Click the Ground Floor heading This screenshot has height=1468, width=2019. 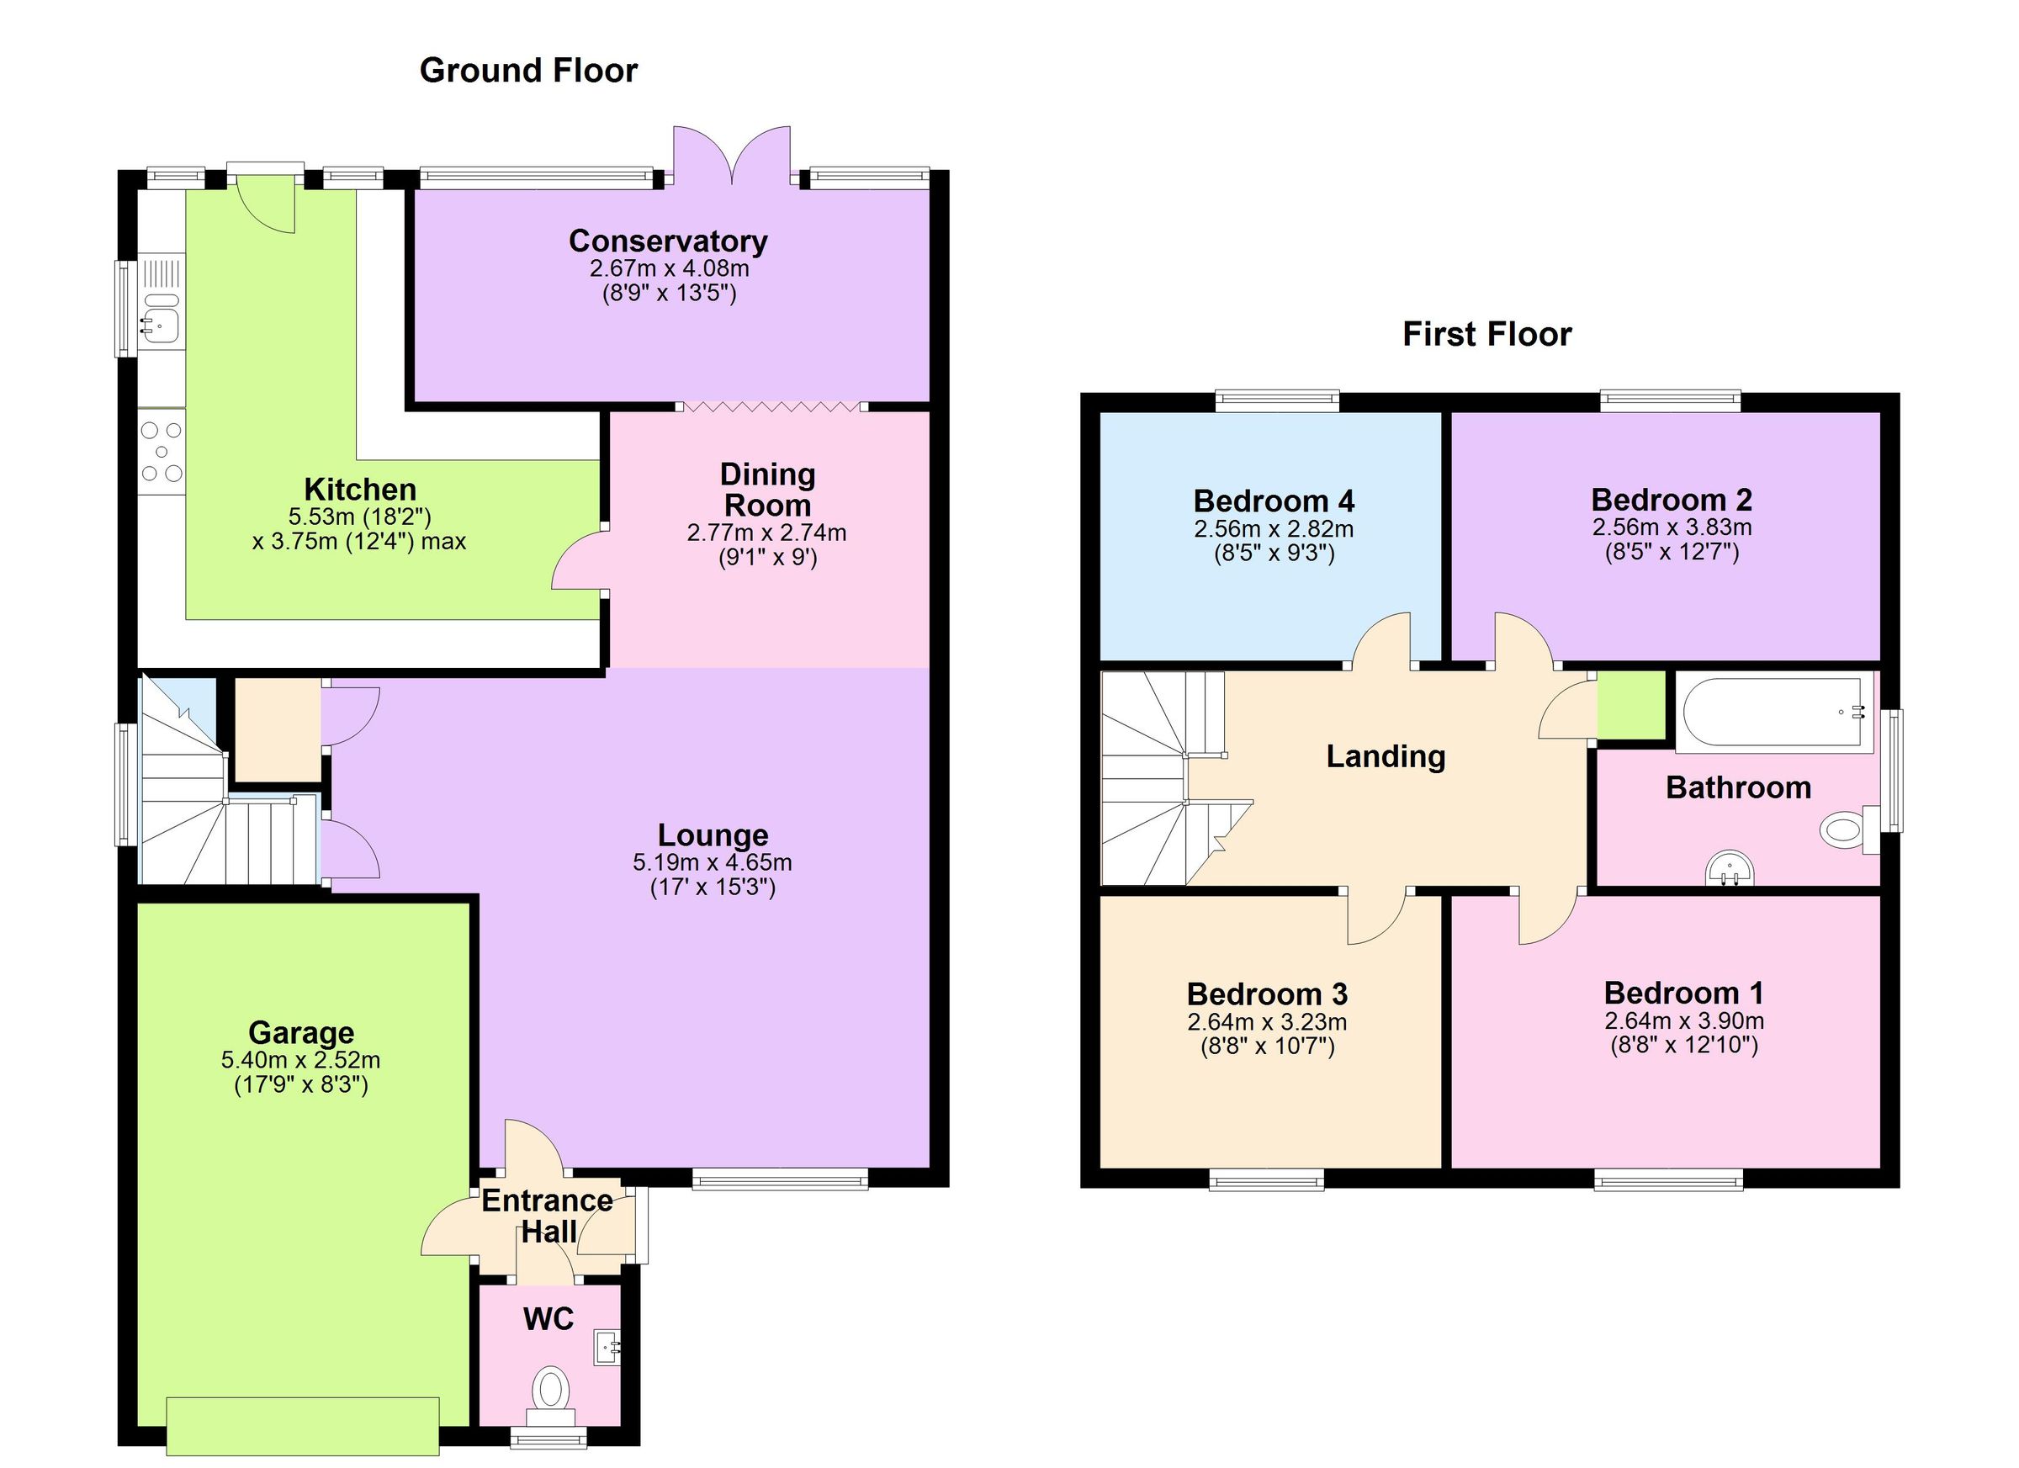click(x=528, y=71)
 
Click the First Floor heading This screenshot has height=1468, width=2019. click(x=1486, y=334)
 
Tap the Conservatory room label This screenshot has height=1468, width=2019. click(x=668, y=241)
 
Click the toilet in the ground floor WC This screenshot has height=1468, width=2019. click(x=551, y=1390)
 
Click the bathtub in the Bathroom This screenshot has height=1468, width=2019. click(x=1773, y=712)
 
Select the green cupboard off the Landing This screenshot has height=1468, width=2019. click(x=1631, y=705)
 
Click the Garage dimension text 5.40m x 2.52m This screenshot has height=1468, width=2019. click(x=301, y=1060)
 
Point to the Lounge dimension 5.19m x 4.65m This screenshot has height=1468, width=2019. click(x=713, y=861)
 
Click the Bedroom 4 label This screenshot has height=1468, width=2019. click(x=1273, y=501)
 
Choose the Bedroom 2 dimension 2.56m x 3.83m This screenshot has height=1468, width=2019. click(x=1671, y=527)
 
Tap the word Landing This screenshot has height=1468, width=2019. click(x=1386, y=756)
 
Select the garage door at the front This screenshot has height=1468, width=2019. click(x=303, y=1424)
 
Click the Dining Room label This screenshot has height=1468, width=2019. click(x=766, y=490)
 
